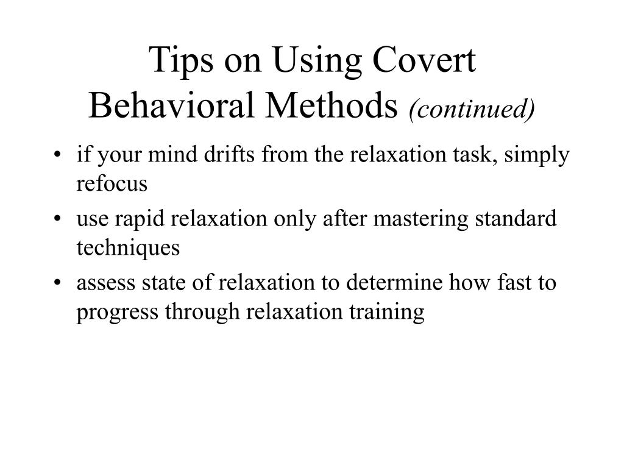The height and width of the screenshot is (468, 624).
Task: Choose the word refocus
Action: [x=112, y=184]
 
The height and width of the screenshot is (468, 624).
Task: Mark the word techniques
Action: [x=128, y=249]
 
